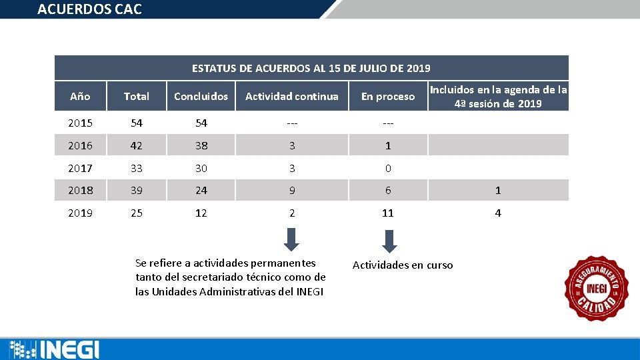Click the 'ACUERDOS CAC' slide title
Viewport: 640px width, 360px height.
point(89,9)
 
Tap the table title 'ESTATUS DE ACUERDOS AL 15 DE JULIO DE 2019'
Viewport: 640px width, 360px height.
point(311,68)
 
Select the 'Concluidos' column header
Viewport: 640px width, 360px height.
point(201,97)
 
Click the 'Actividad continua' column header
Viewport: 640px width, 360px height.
point(291,97)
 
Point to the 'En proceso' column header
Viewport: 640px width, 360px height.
point(387,97)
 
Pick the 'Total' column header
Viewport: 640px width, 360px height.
point(136,97)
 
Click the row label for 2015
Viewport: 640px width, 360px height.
point(80,123)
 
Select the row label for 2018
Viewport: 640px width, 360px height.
point(80,191)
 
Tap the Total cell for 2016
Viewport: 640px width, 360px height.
point(136,145)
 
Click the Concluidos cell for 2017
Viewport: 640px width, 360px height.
point(201,169)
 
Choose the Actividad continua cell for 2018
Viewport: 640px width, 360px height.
point(291,191)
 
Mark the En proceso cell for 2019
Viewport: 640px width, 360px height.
point(387,213)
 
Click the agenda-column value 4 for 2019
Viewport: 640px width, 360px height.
point(497,213)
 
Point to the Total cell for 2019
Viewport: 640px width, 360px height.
point(136,213)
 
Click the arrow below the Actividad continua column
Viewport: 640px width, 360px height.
point(291,239)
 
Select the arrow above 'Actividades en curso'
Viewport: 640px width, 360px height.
point(390,241)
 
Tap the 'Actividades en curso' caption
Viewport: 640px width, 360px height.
point(402,265)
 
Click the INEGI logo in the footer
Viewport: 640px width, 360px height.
point(55,349)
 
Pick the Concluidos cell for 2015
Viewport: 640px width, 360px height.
point(201,123)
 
